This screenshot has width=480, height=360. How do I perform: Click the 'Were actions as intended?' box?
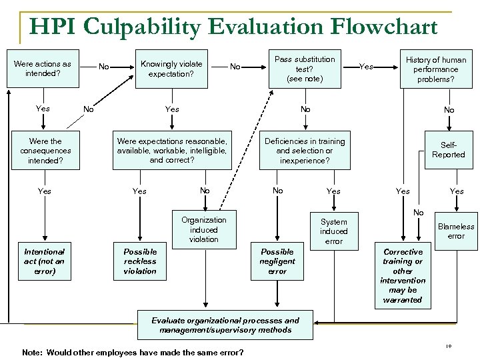tap(43, 69)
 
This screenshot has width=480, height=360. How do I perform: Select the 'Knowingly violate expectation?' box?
tap(171, 69)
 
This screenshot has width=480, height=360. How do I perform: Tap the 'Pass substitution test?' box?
tap(305, 69)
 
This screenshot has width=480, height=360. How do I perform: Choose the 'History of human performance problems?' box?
tap(437, 69)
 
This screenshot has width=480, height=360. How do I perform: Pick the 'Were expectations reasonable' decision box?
tap(172, 151)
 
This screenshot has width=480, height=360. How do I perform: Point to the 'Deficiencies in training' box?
tap(305, 151)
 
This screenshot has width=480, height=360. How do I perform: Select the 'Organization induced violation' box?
tap(203, 229)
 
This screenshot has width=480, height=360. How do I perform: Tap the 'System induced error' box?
tap(333, 231)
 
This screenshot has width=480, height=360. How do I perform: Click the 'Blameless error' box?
tap(456, 231)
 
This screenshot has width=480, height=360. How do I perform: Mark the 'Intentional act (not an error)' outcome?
tap(45, 261)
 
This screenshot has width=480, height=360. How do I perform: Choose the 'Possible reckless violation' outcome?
tap(140, 261)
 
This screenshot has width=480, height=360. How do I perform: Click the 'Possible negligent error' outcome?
tap(277, 261)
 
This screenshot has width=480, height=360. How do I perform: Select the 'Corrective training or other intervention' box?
tap(403, 276)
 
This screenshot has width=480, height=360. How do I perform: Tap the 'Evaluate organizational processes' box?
tap(225, 325)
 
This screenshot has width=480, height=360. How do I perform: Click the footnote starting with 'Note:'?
tap(133, 352)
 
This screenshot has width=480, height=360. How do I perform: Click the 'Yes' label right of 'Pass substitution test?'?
tap(366, 67)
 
